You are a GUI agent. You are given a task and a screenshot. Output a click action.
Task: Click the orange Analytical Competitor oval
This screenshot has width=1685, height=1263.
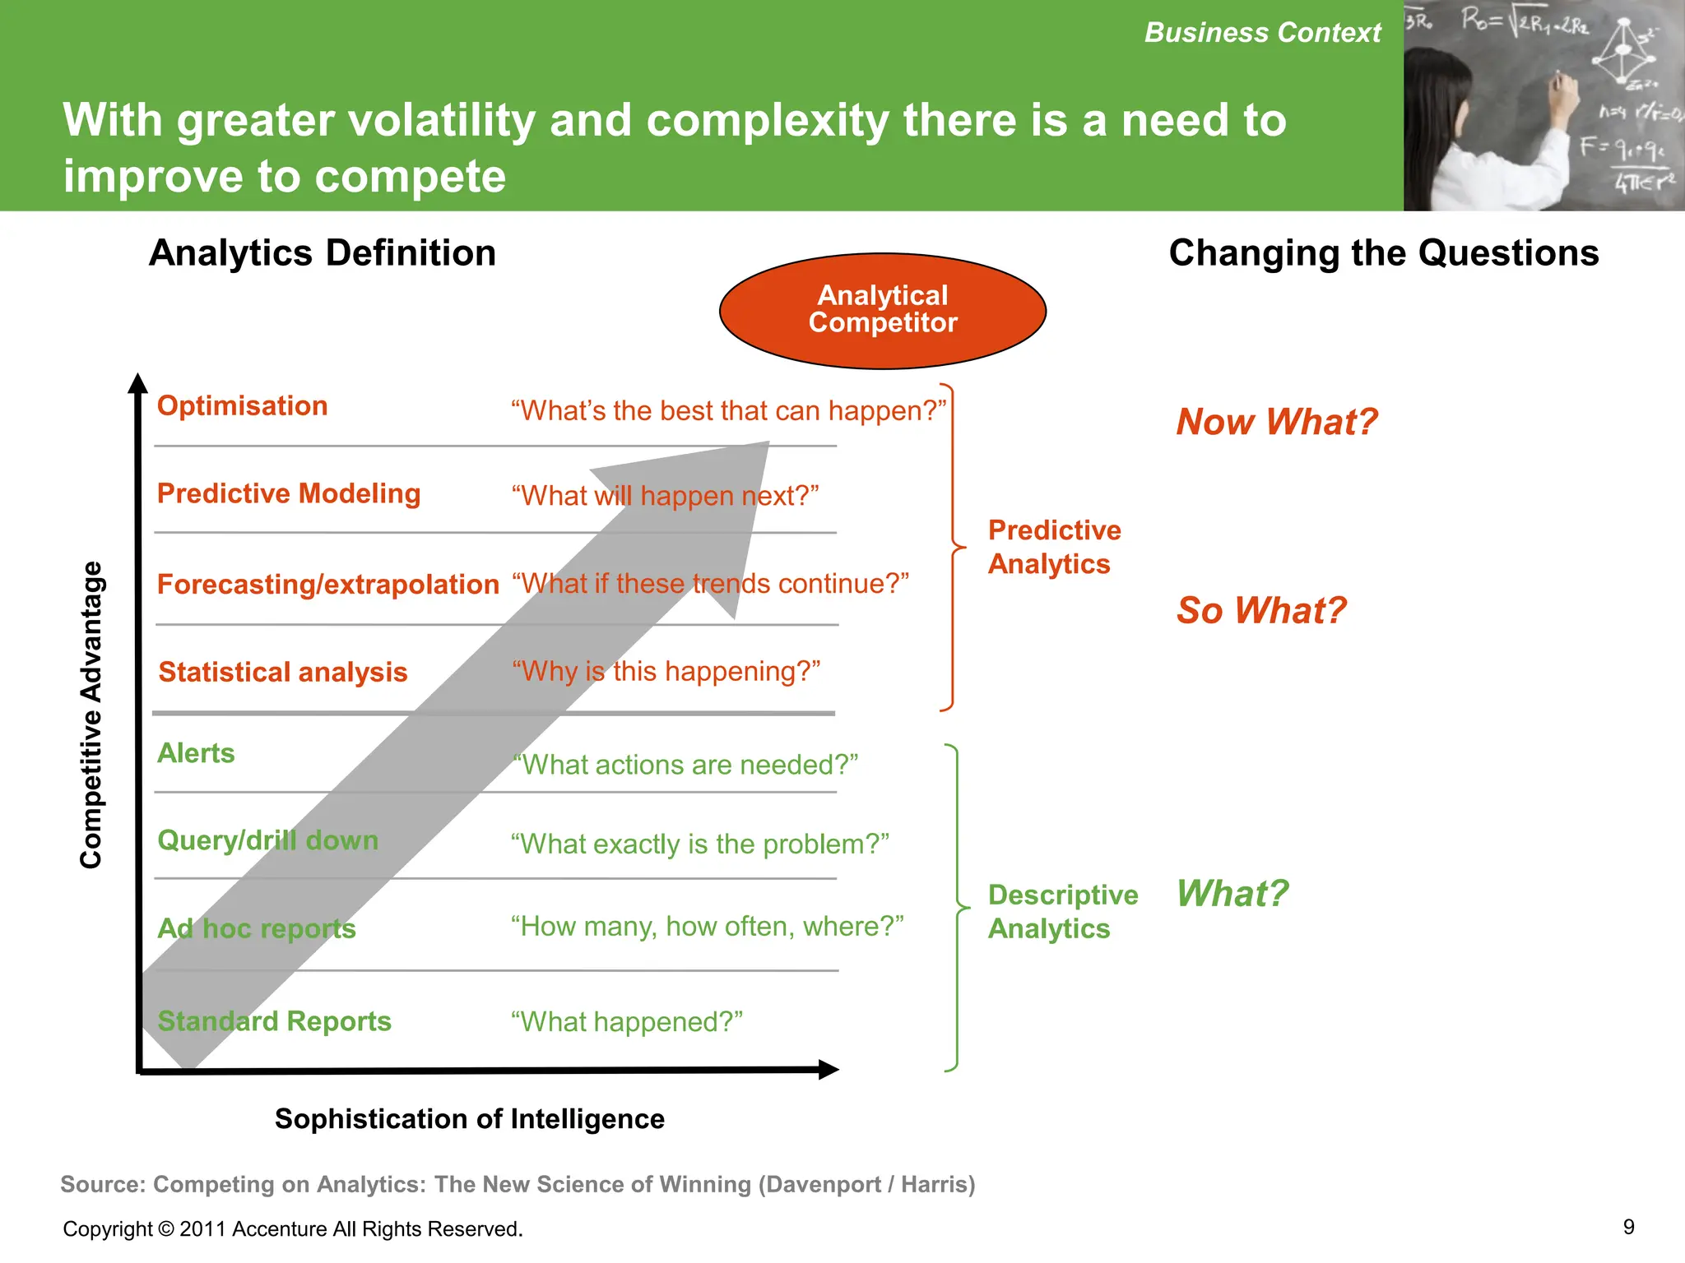[882, 310]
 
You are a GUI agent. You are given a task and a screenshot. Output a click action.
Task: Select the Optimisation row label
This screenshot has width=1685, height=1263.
[242, 405]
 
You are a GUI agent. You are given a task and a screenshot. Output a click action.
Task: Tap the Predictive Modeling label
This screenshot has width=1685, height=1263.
[288, 493]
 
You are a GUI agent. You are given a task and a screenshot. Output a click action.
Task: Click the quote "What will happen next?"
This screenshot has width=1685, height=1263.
[665, 495]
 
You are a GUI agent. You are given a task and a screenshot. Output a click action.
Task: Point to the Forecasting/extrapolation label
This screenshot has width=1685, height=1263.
[327, 584]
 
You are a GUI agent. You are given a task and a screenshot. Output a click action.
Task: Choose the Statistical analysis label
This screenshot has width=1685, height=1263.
[282, 672]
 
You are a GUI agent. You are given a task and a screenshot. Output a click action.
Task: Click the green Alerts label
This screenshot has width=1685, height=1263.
[196, 752]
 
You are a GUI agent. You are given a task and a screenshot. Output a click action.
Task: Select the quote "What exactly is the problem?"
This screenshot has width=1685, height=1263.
[699, 844]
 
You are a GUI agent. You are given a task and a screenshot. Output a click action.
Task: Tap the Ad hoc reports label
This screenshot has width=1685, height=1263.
[256, 928]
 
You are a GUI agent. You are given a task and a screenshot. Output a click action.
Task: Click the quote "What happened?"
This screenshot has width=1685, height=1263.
[626, 1021]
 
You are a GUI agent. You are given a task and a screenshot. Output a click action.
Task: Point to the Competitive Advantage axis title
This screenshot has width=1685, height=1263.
[91, 715]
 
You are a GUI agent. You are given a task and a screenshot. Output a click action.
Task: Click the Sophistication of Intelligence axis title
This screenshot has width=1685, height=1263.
[469, 1118]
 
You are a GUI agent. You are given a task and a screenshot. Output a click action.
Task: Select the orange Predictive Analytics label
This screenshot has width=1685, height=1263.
[1053, 547]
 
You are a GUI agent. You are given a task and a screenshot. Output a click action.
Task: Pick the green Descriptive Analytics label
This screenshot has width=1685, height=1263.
[1061, 911]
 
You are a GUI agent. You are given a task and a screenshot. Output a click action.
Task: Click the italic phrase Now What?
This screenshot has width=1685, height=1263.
[1276, 422]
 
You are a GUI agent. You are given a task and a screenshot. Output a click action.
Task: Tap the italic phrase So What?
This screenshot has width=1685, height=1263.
[1260, 610]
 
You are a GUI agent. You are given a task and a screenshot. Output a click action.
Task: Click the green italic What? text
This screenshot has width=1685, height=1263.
[1232, 893]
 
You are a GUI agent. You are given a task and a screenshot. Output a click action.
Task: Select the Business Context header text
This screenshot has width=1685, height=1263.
[1262, 33]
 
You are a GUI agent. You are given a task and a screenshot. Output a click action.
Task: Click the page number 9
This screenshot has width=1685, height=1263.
[1628, 1227]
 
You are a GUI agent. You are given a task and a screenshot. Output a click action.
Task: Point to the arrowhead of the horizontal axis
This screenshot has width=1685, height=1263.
[829, 1069]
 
